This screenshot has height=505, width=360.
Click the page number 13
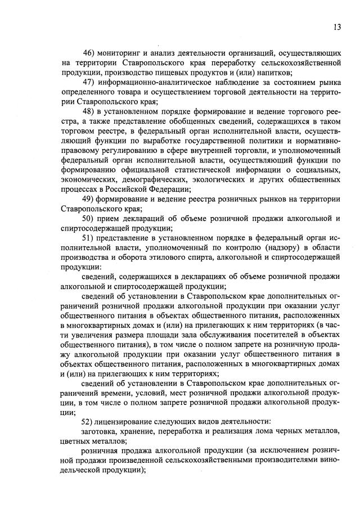tap(336, 26)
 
